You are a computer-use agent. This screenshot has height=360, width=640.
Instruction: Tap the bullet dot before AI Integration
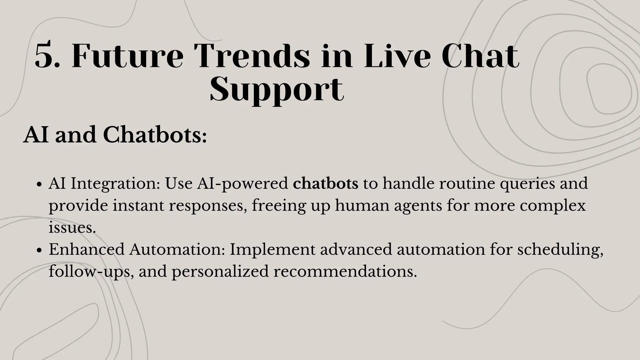click(39, 184)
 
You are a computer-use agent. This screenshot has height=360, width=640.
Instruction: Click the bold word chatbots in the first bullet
click(325, 183)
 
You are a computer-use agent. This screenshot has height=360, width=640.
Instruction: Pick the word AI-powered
click(242, 183)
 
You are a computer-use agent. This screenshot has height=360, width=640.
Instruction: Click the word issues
click(72, 227)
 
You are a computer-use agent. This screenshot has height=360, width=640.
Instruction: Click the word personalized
click(220, 271)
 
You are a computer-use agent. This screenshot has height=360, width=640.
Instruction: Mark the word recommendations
click(345, 271)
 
